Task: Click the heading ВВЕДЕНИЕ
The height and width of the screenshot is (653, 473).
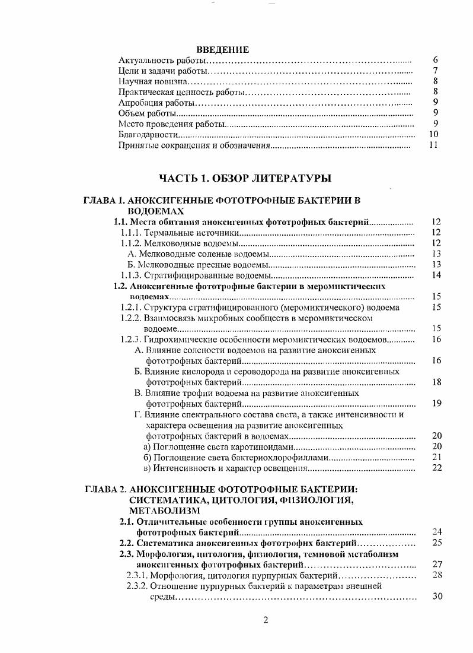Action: coord(222,50)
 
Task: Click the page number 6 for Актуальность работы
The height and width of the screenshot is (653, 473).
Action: coord(435,61)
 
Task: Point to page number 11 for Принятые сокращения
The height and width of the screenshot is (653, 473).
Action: coord(433,145)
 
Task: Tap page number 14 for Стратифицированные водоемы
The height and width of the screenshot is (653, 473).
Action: coord(436,275)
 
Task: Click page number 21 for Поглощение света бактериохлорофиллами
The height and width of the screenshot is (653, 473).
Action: coord(437,457)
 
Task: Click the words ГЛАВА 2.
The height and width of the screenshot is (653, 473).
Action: coord(105,490)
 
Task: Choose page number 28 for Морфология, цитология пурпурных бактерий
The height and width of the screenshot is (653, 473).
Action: coord(437,575)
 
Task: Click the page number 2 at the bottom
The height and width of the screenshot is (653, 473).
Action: coord(266,621)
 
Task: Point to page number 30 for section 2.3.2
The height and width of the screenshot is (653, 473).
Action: coord(437,597)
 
